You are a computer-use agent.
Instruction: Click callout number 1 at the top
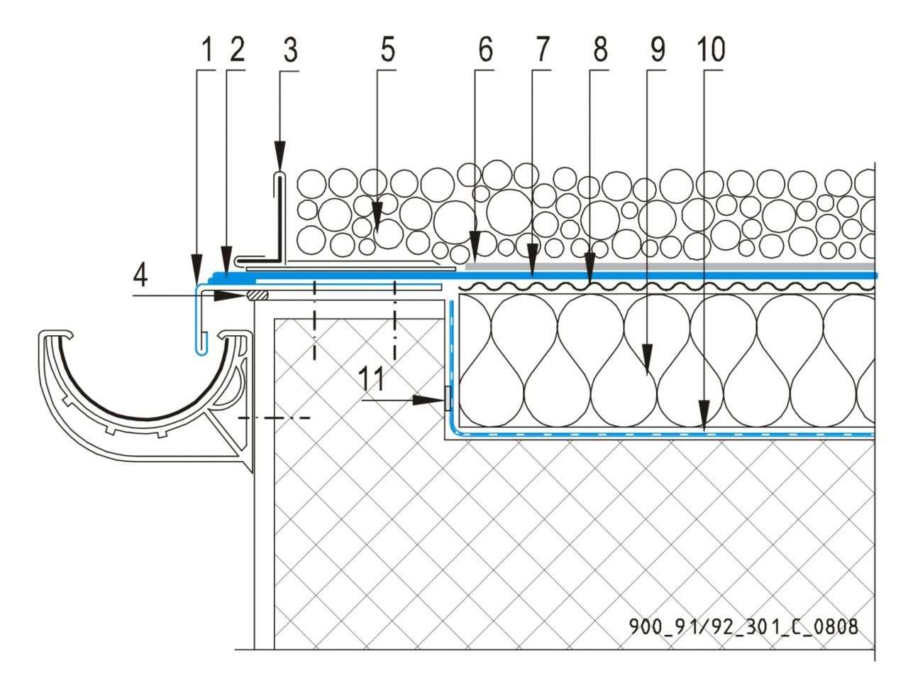[x=207, y=49]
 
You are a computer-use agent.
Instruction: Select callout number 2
[x=237, y=49]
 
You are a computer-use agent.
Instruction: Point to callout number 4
[x=140, y=276]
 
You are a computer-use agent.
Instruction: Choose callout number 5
[x=387, y=49]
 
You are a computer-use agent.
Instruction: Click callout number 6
[x=486, y=49]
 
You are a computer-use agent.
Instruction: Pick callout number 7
[x=543, y=49]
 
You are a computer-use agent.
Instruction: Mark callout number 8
[x=601, y=49]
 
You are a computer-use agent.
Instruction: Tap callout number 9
[x=658, y=49]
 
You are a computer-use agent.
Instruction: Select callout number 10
[x=711, y=49]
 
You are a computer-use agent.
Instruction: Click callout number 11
[x=370, y=378]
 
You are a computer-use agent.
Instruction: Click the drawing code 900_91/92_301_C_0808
[x=743, y=627]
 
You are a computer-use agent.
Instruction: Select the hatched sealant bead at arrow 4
[x=258, y=295]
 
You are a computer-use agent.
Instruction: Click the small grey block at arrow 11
[x=448, y=398]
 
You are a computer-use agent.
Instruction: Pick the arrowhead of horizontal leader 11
[x=428, y=401]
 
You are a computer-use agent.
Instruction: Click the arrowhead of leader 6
[x=475, y=246]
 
